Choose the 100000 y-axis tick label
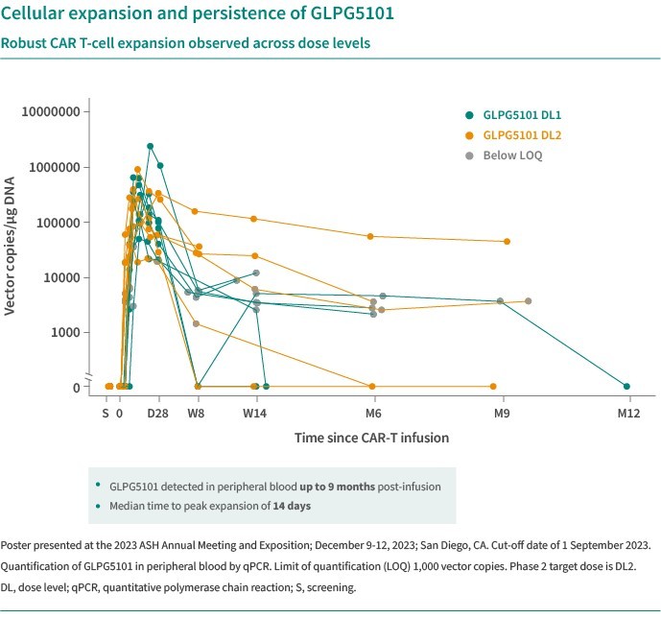tap(57, 223)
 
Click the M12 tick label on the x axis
tap(627, 414)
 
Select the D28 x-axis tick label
tap(159, 414)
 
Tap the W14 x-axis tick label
tap(254, 414)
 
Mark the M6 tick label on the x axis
tap(373, 414)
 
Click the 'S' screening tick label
tap(106, 414)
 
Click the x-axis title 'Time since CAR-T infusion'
tap(371, 438)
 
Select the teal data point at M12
tap(626, 386)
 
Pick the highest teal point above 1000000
tap(150, 147)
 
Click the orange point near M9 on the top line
tap(507, 242)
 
